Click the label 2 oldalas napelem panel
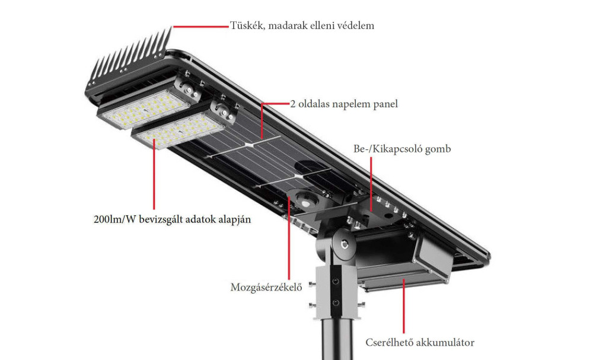click(x=344, y=104)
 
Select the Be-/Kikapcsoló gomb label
click(x=403, y=149)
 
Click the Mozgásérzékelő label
click(x=266, y=288)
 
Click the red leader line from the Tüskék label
click(x=201, y=27)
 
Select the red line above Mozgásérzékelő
click(x=289, y=238)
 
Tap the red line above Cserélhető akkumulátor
click(x=404, y=305)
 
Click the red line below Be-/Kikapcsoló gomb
click(x=371, y=184)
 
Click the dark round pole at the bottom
click(x=338, y=339)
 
